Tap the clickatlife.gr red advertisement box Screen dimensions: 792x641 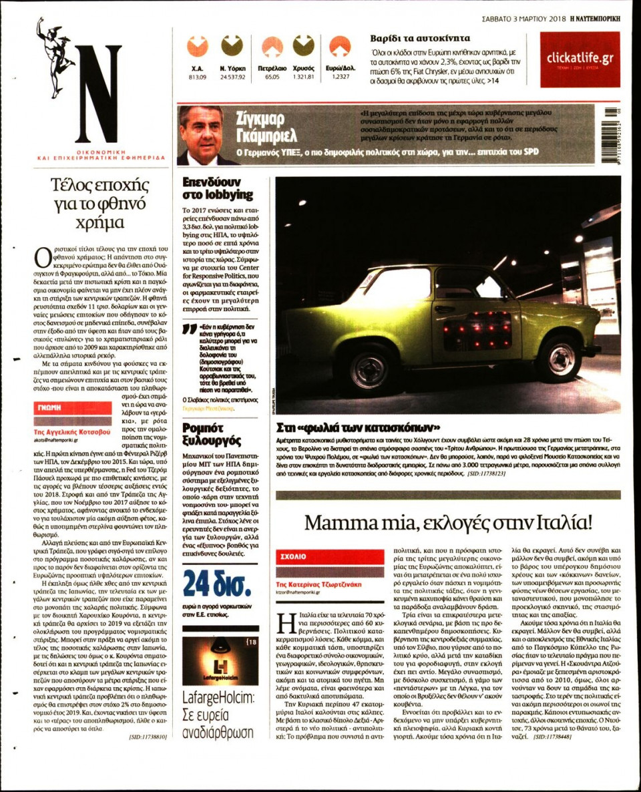click(580, 59)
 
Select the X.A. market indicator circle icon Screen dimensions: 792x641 click(197, 46)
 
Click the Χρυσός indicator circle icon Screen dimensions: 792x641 click(303, 46)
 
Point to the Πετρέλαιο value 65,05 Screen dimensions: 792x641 click(272, 77)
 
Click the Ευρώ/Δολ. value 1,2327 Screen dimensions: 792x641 click(341, 77)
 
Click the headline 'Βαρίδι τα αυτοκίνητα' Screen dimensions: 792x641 click(420, 38)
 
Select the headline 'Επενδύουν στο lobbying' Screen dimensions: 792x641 click(218, 188)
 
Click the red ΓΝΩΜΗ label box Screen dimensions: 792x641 click(73, 407)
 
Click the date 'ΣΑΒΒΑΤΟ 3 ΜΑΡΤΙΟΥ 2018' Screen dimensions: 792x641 click(523, 18)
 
